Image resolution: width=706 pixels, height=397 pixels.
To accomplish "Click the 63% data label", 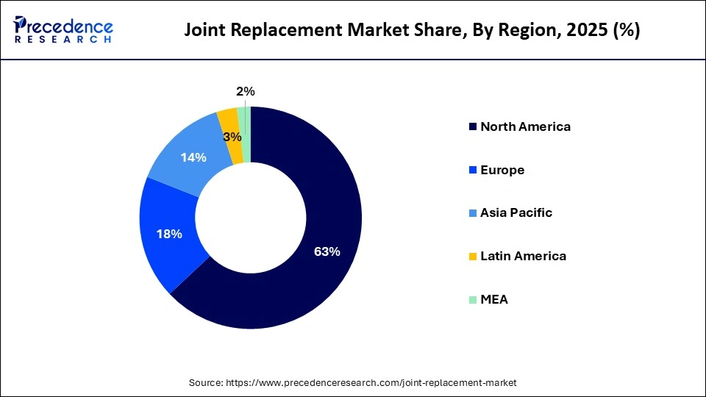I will click(327, 251).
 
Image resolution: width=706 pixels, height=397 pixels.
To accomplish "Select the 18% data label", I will click(168, 235).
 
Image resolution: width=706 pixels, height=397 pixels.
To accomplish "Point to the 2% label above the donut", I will click(246, 92).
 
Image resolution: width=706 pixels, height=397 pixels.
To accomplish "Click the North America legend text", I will click(525, 126).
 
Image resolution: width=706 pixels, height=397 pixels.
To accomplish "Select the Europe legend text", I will click(502, 170).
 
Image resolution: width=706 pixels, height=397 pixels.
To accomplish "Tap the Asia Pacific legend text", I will click(516, 213).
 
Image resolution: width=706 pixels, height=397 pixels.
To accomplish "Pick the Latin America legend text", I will click(523, 256).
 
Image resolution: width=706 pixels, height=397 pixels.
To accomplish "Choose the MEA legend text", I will click(494, 299).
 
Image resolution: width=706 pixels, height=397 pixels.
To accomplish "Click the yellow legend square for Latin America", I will click(472, 257).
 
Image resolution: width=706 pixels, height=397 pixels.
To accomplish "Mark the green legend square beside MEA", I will click(472, 300).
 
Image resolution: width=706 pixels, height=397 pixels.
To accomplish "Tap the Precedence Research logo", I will click(63, 29).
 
